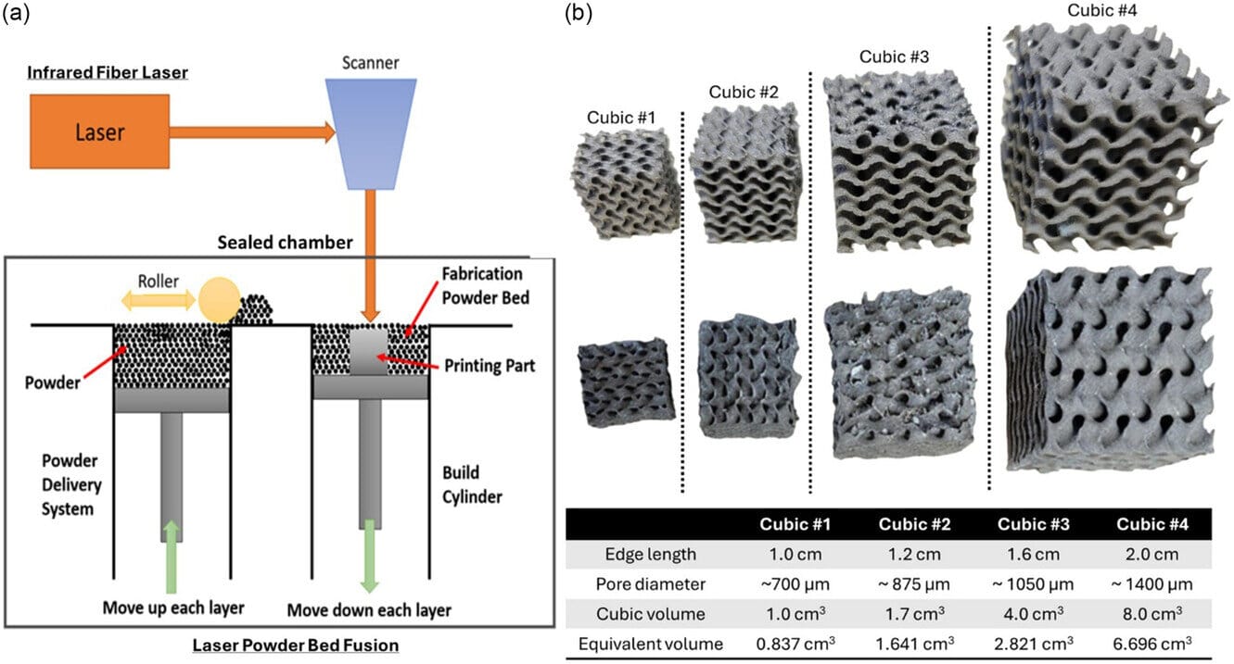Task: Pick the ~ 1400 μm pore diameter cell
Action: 1151,583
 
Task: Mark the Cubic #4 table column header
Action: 1151,524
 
